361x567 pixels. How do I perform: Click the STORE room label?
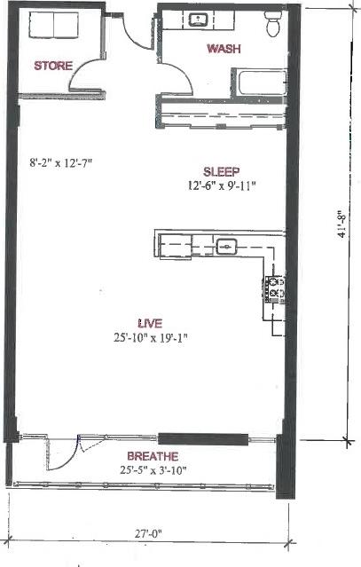53,65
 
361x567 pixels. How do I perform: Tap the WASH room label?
223,49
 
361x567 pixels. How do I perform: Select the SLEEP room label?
223,171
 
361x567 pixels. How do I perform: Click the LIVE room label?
149,323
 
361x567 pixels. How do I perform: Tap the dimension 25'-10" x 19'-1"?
149,337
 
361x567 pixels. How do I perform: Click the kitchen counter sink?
227,248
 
